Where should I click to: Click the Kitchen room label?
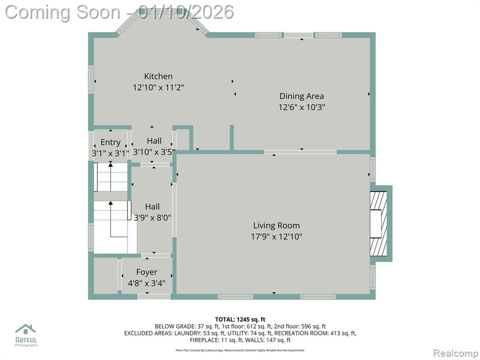(158, 76)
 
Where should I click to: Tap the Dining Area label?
(301, 96)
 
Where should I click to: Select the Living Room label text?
(276, 225)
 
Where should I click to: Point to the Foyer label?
(147, 272)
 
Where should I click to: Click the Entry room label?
(111, 142)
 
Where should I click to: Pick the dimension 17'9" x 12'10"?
(277, 237)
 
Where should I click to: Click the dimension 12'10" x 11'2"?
(158, 88)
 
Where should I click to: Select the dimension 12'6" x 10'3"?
(301, 107)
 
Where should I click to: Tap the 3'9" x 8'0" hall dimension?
(152, 217)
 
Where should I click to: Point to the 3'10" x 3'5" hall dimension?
(154, 152)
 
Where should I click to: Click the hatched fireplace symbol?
(378, 224)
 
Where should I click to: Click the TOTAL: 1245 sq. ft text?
(240, 320)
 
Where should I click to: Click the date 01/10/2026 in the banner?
(186, 12)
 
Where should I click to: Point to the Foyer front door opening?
(154, 297)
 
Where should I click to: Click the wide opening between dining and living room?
(300, 152)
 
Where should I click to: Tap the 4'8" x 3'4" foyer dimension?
(147, 284)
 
